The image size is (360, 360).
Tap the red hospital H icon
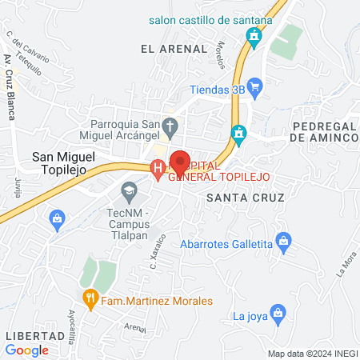click(x=158, y=168)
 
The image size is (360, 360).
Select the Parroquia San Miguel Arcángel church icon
click(x=170, y=126)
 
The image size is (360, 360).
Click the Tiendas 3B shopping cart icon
click(x=255, y=86)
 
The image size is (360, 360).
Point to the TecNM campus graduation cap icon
click(x=127, y=191)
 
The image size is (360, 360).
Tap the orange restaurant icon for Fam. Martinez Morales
click(x=92, y=300)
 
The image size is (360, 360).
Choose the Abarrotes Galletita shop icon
click(x=282, y=239)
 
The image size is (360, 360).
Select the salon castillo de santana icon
click(x=254, y=36)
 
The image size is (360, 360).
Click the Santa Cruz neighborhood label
click(x=238, y=196)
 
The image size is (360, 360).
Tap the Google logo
click(x=27, y=350)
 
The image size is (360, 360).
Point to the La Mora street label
click(x=344, y=263)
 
